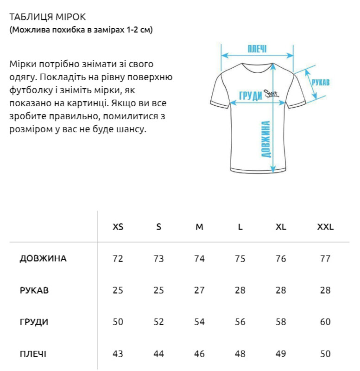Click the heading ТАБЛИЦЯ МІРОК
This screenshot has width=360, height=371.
point(47,17)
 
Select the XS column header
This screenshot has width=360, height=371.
point(118,227)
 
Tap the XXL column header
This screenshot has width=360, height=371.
point(325,227)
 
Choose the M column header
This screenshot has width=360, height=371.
point(199,227)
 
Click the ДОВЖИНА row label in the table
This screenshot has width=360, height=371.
point(43,259)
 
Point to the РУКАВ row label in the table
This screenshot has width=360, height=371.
point(34,290)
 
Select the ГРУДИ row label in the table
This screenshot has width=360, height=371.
point(34,322)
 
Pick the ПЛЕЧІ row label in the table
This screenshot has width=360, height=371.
point(33,354)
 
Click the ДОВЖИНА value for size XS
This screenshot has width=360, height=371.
point(118,259)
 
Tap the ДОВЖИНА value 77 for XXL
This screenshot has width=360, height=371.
point(325,259)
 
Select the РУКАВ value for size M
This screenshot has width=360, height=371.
point(199,290)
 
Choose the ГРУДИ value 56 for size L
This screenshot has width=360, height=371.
point(240,322)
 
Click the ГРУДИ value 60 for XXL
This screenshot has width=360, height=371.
point(325,322)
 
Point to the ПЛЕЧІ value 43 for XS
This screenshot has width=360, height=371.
point(118,354)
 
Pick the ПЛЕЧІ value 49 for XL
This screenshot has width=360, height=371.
point(281,354)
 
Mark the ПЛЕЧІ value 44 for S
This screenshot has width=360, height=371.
point(158,354)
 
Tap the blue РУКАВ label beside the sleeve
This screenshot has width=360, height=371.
point(320,82)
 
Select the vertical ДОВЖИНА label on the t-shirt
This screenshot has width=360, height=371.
point(266,139)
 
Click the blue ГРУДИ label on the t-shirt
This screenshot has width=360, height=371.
point(251,95)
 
